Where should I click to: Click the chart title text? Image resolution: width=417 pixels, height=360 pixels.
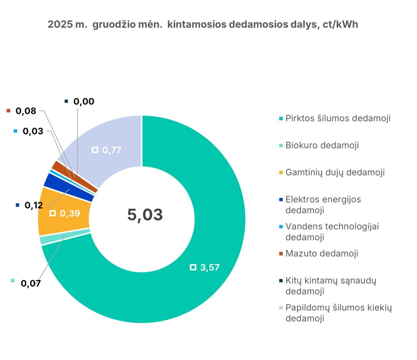203,24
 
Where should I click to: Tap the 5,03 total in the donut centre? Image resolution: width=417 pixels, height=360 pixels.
145,215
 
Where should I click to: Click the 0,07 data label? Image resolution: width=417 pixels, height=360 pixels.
31,283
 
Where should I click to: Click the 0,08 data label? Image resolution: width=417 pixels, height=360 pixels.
26,111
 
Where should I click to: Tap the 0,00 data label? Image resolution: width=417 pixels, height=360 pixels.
83,101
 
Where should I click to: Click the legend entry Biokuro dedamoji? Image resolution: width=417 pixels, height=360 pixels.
322,145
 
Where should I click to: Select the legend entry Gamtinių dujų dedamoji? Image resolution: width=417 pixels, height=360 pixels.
335,172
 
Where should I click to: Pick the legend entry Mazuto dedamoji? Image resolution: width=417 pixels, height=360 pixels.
322,253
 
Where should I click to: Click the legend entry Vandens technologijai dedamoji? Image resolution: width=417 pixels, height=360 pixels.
332,231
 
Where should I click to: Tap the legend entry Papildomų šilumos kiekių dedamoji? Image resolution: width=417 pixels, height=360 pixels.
338,313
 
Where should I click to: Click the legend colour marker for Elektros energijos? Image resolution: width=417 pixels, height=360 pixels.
281,200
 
